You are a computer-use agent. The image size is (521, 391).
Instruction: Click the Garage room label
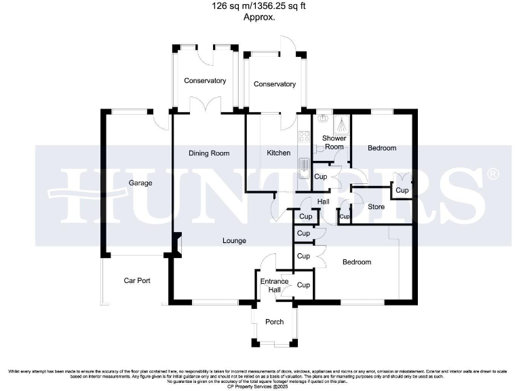click(x=140, y=183)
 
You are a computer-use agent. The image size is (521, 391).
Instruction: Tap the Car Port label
click(x=136, y=280)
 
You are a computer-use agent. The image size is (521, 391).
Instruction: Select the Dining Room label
click(x=209, y=153)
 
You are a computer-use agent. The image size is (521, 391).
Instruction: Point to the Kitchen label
click(x=278, y=153)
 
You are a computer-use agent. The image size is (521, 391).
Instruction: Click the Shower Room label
click(x=334, y=143)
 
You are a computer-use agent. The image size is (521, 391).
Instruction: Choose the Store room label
click(x=376, y=207)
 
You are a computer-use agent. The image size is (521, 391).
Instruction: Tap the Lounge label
click(x=234, y=241)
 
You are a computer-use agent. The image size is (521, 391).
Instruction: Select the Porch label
click(x=274, y=322)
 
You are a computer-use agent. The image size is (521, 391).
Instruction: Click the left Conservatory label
click(x=205, y=81)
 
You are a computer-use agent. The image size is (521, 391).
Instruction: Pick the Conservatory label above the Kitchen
click(x=275, y=84)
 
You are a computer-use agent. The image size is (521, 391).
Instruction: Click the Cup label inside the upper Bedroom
click(x=402, y=191)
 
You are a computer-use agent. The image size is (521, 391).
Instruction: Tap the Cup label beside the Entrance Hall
click(x=303, y=285)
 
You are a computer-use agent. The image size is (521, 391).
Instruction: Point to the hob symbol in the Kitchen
click(x=303, y=134)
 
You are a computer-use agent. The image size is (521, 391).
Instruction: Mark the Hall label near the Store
click(x=324, y=202)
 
